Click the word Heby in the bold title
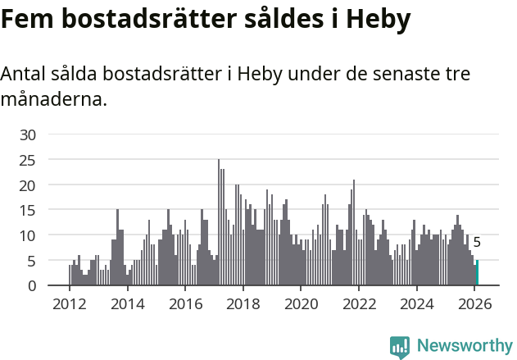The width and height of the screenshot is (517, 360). (378, 20)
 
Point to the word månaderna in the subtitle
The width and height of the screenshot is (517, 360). (54, 101)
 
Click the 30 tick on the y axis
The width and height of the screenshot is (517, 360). (28, 134)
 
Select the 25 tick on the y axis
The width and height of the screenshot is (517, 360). (28, 160)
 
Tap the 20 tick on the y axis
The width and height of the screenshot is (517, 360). (28, 185)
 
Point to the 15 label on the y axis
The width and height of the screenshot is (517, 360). (28, 211)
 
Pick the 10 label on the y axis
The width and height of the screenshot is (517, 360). (28, 236)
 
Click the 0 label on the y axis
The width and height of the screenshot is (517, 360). (32, 286)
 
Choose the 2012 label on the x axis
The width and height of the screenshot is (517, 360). (69, 303)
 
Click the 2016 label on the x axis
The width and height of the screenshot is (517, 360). (184, 303)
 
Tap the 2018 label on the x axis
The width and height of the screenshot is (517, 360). (243, 303)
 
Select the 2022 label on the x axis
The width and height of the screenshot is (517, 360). (358, 303)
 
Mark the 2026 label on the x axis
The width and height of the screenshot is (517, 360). (474, 303)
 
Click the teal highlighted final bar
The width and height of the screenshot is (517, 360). (477, 273)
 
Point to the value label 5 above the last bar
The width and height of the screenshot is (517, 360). (477, 243)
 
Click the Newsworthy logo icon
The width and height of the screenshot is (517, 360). (400, 347)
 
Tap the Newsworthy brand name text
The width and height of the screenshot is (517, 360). (465, 346)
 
